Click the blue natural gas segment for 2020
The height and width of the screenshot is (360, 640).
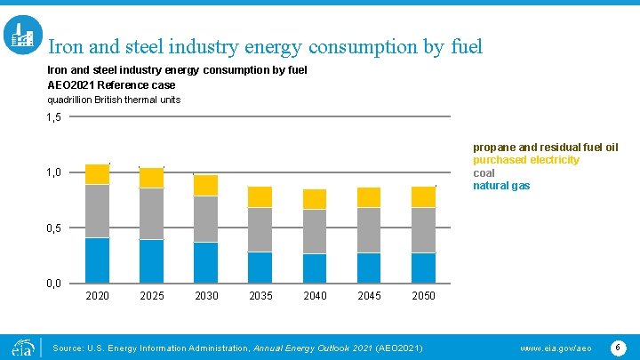coord(97,260)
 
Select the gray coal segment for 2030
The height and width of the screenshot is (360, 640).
coord(206,219)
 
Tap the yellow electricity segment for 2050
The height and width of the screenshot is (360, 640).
coord(423,196)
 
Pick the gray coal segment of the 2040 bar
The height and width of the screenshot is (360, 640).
coord(315,231)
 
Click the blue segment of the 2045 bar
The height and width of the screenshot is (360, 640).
coord(369,268)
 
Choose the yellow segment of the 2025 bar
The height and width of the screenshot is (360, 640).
coord(152,177)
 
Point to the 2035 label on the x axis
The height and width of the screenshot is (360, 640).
coord(260,296)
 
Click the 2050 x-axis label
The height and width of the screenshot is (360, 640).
coord(423,296)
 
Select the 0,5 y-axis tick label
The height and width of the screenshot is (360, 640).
coord(54,228)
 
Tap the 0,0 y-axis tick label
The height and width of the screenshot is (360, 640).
coord(54,284)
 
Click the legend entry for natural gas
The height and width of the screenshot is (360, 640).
coord(500,186)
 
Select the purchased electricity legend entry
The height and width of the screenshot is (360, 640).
coord(525,160)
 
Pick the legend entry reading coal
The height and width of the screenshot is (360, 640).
coord(484,173)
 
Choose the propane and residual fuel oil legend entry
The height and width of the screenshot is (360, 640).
coord(545,148)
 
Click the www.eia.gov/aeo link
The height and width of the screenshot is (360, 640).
coord(556,347)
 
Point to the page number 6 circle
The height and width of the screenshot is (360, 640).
coord(619,346)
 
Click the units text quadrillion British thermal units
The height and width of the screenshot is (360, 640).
coord(113,100)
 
